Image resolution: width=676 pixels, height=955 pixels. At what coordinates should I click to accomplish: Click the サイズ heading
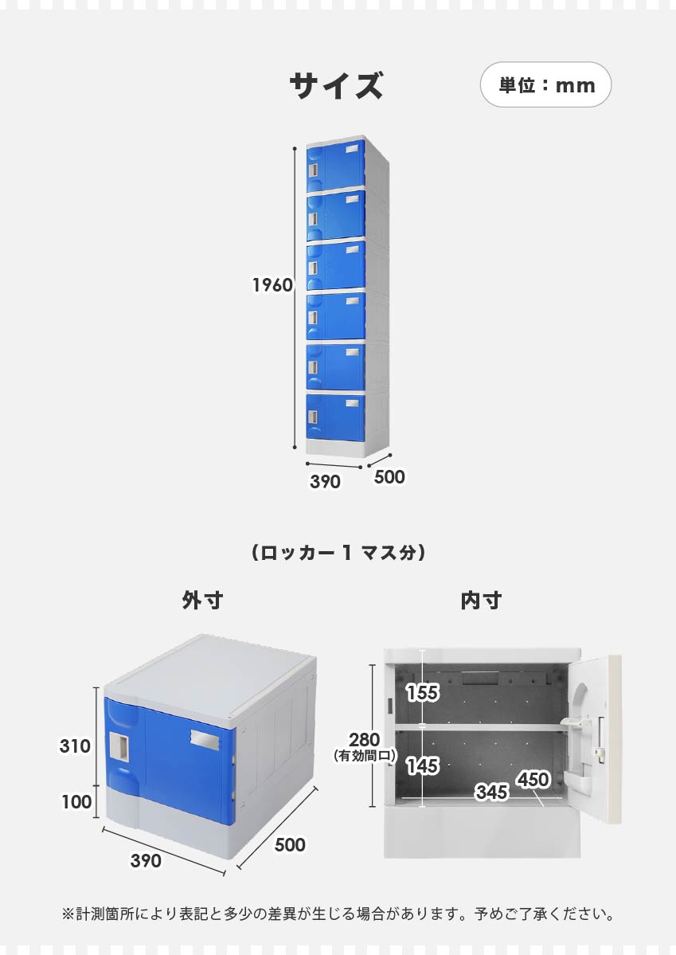coord(336,85)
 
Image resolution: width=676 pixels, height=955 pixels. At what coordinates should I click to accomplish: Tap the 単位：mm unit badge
coord(545,84)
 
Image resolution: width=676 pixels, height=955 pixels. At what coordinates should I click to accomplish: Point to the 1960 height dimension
coord(272,284)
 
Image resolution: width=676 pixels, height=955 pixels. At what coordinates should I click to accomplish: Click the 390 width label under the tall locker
coord(325,481)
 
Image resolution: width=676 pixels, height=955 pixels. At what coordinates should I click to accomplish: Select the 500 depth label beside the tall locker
coord(389,476)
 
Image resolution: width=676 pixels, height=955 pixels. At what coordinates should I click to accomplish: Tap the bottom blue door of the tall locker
coord(336,417)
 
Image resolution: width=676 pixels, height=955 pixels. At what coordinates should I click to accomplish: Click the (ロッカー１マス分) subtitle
coord(338,553)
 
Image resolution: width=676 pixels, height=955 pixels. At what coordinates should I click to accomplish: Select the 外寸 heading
coord(203,600)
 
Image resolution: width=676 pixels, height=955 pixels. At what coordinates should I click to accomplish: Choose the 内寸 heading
coord(481,600)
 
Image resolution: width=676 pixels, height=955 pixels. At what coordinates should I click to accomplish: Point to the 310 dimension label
coord(75,746)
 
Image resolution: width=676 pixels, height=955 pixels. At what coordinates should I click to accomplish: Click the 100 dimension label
coord(76,801)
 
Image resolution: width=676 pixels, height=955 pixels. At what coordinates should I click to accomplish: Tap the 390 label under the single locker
coord(146,860)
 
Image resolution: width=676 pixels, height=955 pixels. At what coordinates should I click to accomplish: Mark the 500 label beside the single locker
coord(290,844)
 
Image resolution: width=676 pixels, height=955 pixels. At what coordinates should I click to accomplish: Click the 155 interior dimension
coord(423,692)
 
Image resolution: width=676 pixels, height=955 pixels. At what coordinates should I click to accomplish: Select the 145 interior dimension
coord(423,765)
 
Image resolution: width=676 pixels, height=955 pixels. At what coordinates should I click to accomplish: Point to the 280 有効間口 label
coord(365,746)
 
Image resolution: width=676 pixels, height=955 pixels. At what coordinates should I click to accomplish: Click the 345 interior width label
coord(492,792)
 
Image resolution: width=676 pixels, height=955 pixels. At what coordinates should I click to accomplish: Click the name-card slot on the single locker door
coord(205,739)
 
